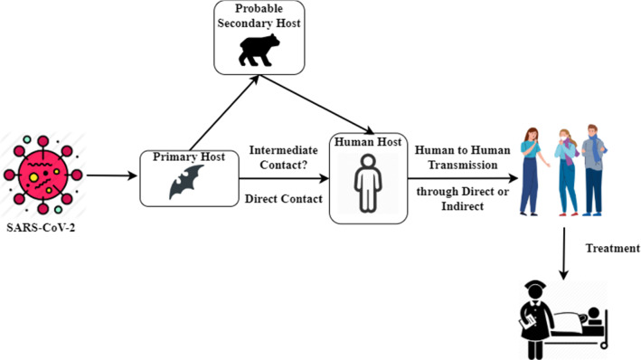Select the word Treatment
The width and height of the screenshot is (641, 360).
pyautogui.click(x=610, y=248)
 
